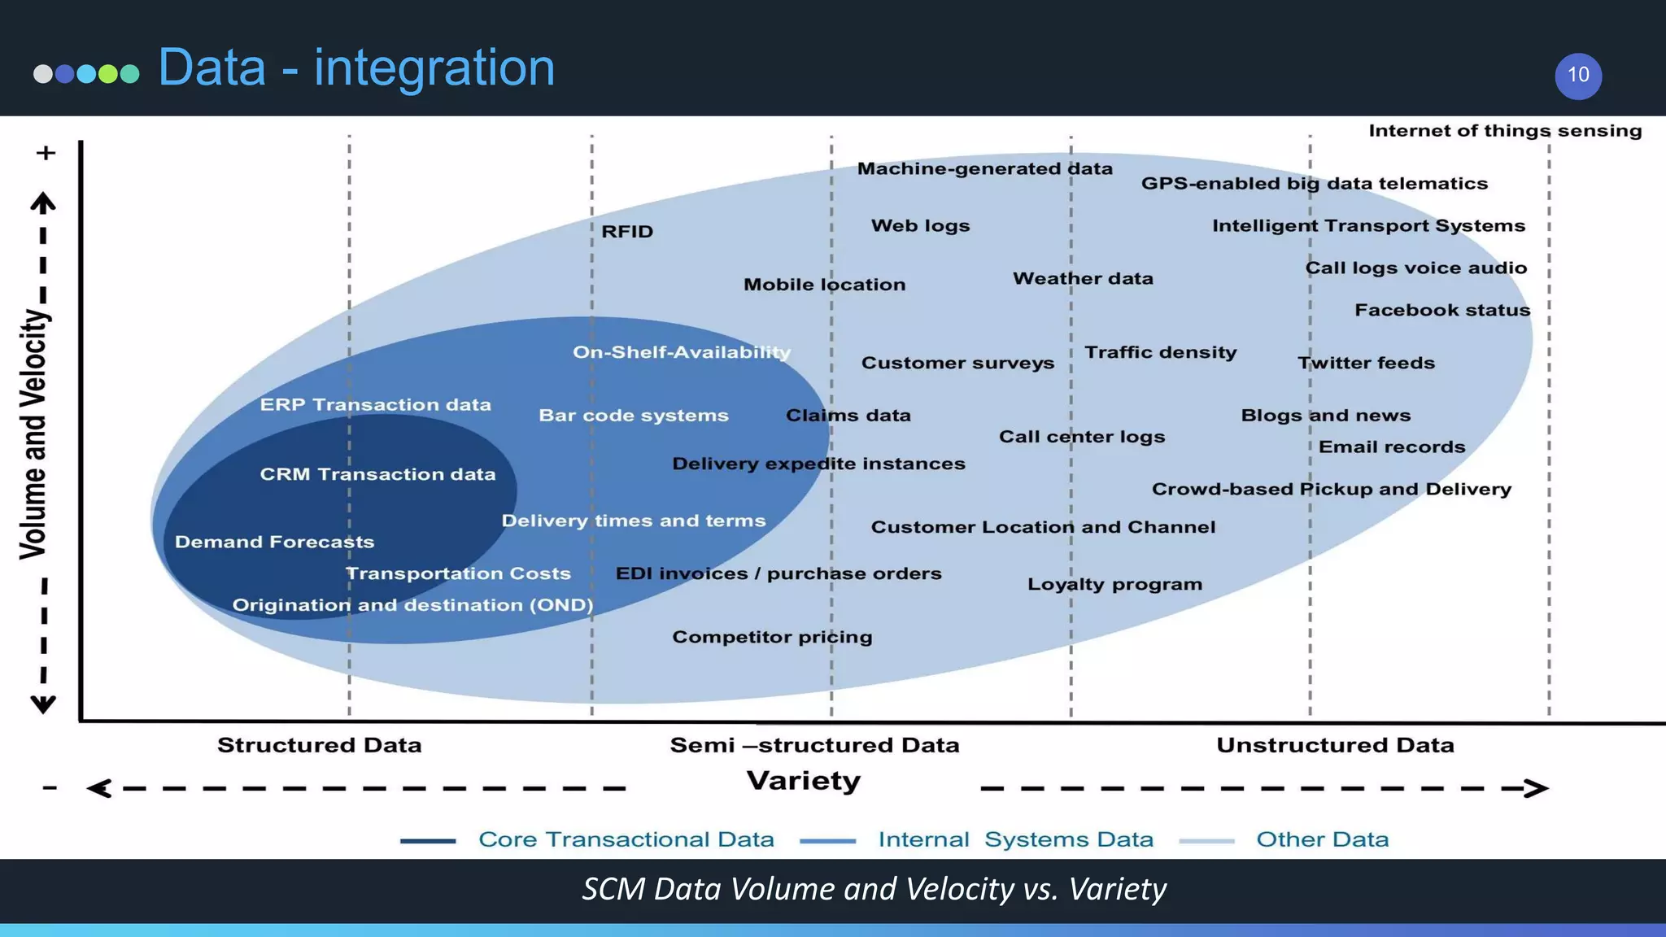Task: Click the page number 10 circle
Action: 1578,76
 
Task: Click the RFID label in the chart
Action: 627,232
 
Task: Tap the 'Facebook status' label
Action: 1442,310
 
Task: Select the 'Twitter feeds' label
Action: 1366,363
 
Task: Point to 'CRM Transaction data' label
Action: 377,474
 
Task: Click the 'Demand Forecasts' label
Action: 274,542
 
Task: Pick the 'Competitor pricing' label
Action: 772,637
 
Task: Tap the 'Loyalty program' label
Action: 1114,584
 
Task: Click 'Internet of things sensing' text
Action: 1505,131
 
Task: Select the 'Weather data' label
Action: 1083,278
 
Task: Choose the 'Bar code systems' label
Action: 634,416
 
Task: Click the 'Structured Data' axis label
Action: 319,745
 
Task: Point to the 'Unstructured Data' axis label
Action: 1335,745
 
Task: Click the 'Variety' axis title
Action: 804,781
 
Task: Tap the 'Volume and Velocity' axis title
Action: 34,434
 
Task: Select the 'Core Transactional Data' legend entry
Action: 626,839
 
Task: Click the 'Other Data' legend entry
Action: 1322,839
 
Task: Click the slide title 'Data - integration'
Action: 356,68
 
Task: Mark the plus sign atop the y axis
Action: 46,153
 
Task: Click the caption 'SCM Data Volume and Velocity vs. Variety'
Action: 874,889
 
